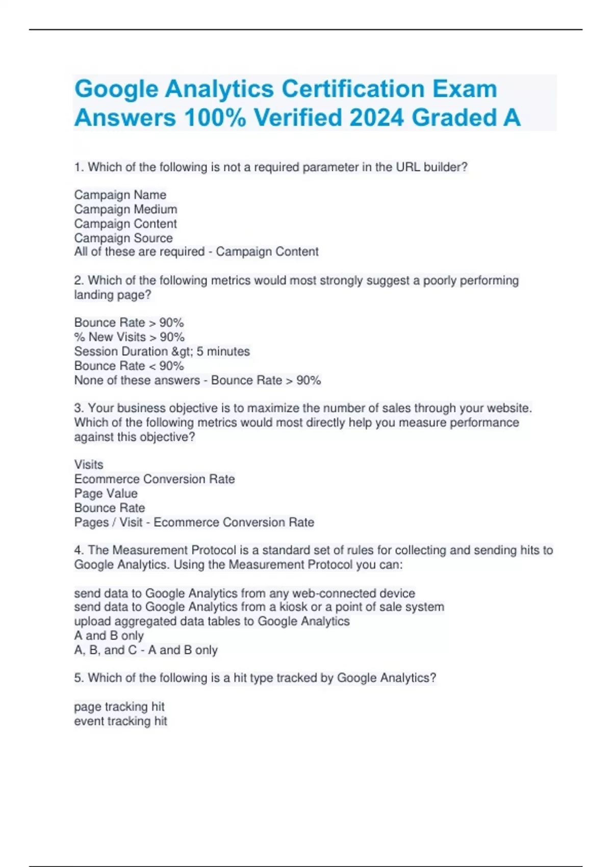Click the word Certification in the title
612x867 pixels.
tap(353, 89)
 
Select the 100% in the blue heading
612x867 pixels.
tap(215, 118)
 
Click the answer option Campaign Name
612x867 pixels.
tap(120, 195)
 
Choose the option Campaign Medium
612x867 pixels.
tap(125, 209)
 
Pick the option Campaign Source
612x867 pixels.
tap(123, 238)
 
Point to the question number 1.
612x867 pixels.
tap(79, 167)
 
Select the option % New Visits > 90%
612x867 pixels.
tap(129, 337)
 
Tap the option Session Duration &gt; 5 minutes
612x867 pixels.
tap(162, 351)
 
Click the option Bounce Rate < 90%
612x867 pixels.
tap(129, 366)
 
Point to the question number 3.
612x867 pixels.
tap(79, 408)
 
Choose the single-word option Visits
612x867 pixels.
tap(89, 465)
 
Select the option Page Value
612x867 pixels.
tap(106, 494)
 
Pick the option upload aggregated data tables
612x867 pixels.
tap(212, 621)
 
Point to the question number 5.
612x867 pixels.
tap(79, 678)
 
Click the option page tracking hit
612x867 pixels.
tap(119, 707)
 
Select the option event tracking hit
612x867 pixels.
tap(120, 721)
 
